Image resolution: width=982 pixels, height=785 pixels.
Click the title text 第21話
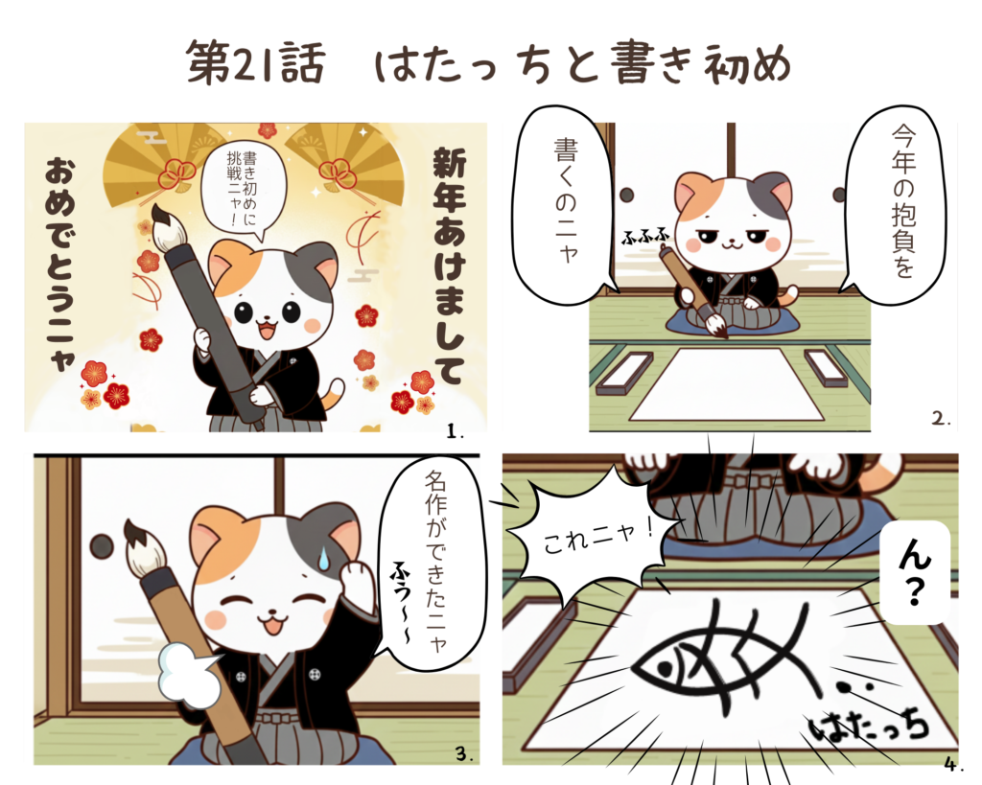point(255,63)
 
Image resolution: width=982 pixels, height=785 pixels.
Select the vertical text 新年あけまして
point(449,266)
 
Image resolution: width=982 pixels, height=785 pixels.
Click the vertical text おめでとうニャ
point(61,263)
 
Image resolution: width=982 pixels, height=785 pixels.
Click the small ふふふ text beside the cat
point(644,238)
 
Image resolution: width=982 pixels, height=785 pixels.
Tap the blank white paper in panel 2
point(727,385)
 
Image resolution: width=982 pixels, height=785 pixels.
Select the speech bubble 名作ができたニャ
point(433,564)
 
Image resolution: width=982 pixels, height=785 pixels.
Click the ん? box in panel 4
point(915,572)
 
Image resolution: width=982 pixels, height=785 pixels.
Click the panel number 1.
point(455,430)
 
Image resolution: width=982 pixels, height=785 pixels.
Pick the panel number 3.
point(463,753)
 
